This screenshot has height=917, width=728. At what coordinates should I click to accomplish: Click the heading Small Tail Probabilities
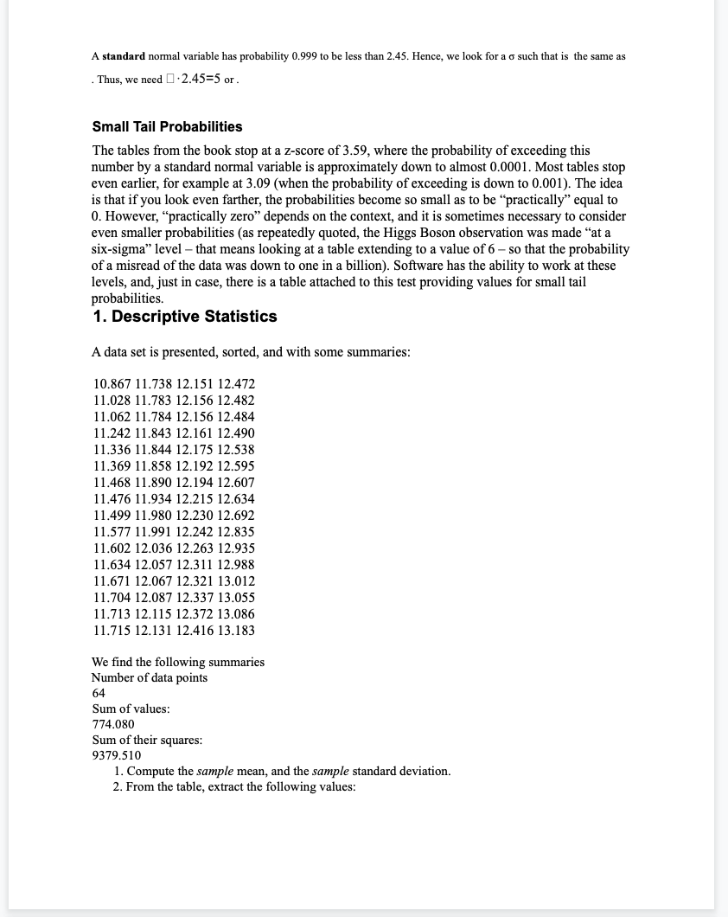pyautogui.click(x=167, y=127)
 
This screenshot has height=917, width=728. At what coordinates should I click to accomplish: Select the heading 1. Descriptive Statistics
pyautogui.click(x=184, y=317)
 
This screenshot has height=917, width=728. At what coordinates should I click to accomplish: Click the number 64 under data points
pyautogui.click(x=99, y=693)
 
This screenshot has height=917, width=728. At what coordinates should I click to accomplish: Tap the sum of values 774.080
pyautogui.click(x=113, y=724)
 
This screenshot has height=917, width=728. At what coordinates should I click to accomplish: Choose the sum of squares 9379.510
pyautogui.click(x=117, y=755)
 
